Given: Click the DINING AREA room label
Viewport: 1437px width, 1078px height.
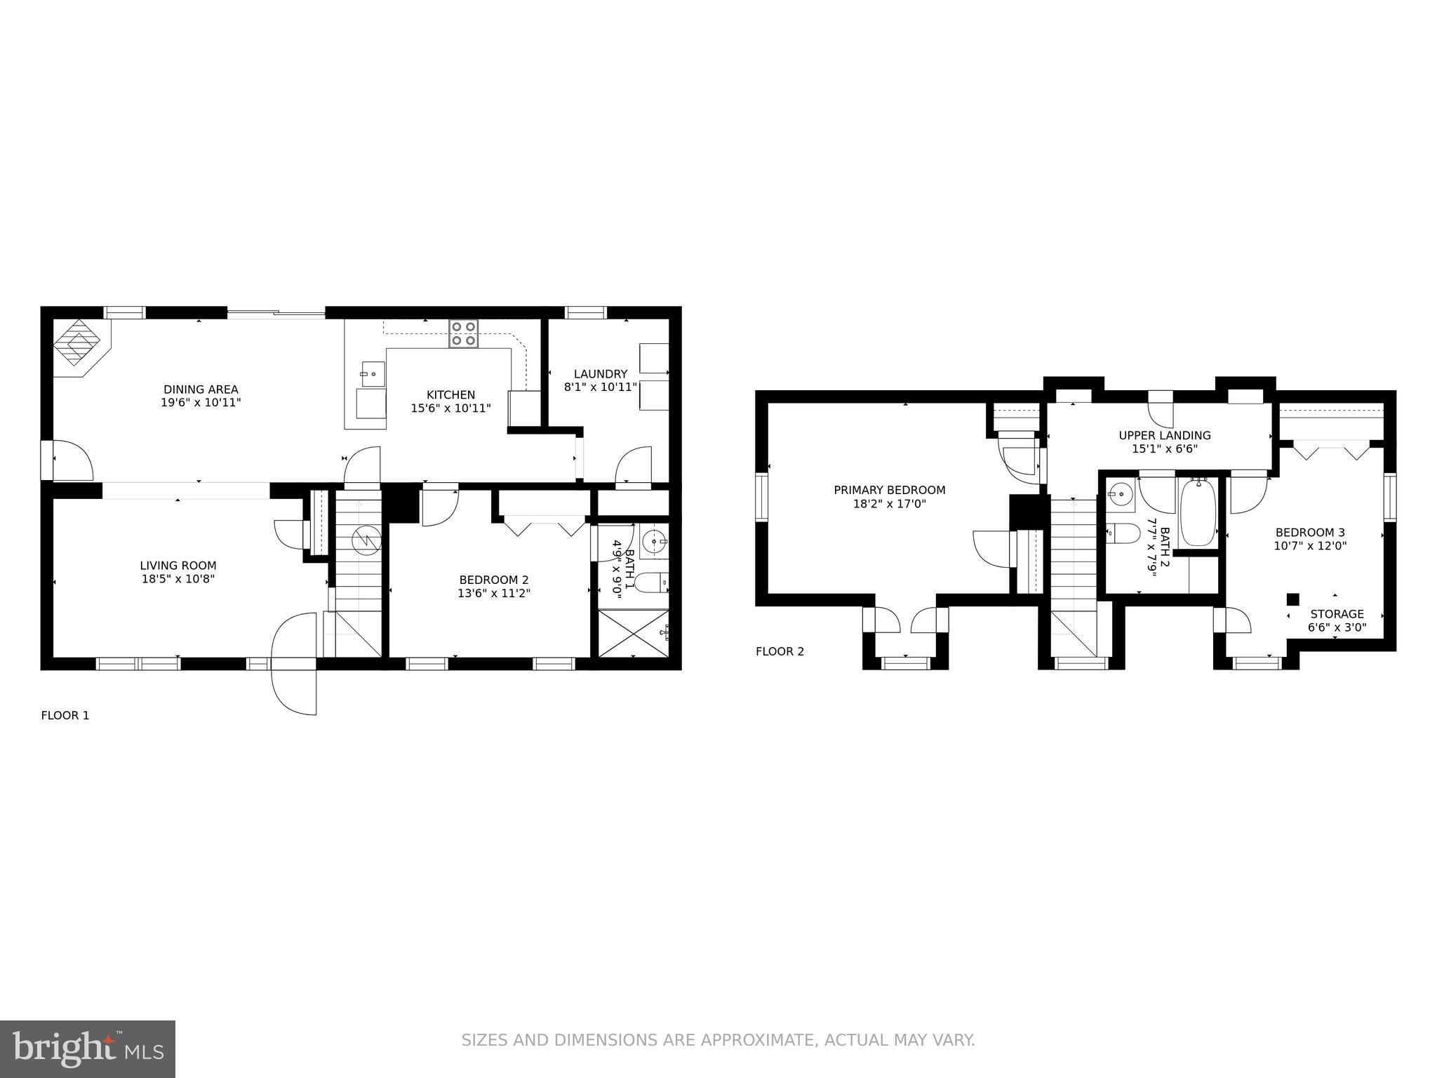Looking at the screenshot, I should (x=201, y=390).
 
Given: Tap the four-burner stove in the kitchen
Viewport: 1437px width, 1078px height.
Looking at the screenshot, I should (x=463, y=333).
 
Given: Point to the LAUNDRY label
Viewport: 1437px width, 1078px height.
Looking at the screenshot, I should (x=600, y=374).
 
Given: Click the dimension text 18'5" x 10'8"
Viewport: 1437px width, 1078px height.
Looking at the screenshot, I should (x=178, y=579).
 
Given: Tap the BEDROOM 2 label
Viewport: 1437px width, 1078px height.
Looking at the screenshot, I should (x=493, y=580).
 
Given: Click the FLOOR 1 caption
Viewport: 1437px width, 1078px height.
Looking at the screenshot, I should (x=65, y=715).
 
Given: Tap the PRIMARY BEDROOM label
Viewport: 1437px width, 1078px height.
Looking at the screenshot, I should (x=889, y=490).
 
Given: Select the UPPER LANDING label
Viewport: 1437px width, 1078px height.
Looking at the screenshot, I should (x=1164, y=435).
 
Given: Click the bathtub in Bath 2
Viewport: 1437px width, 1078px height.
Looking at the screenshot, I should (x=1198, y=512).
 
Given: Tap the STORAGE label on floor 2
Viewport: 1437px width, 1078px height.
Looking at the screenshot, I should (x=1337, y=614).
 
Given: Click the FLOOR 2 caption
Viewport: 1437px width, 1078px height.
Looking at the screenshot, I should (x=780, y=651).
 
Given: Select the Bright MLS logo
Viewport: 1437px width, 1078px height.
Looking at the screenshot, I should (x=87, y=1049).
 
